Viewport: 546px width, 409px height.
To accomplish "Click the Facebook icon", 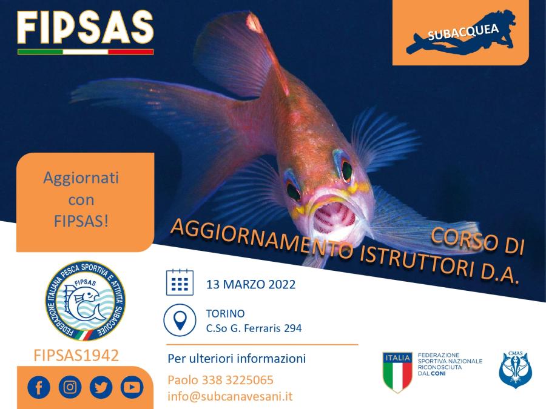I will click(39, 387).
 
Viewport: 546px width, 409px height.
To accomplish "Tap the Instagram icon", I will click(70, 387).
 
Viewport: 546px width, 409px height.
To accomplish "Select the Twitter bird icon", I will click(101, 387).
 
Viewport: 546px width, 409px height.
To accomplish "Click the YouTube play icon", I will click(132, 387).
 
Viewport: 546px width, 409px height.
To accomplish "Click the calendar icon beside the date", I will click(180, 282).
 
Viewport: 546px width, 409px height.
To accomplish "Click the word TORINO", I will click(225, 314).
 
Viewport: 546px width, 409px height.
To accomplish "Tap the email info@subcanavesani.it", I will click(231, 396).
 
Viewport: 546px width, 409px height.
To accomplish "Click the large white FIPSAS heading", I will click(85, 25).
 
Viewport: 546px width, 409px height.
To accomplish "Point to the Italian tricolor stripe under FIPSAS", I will click(85, 52).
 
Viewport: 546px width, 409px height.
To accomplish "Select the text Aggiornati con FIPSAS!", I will click(81, 199).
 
